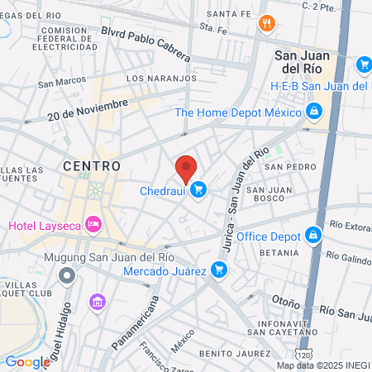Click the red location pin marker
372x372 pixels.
coord(186,169)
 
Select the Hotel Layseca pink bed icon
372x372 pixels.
coord(94,224)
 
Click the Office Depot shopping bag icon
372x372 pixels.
coord(312,237)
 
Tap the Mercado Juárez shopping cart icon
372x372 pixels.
coord(218,269)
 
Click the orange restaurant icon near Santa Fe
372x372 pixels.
coord(265,23)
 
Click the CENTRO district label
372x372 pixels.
coord(91,166)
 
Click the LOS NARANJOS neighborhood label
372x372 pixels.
coord(161,78)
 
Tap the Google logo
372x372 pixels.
coord(27,361)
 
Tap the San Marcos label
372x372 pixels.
coord(62,82)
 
